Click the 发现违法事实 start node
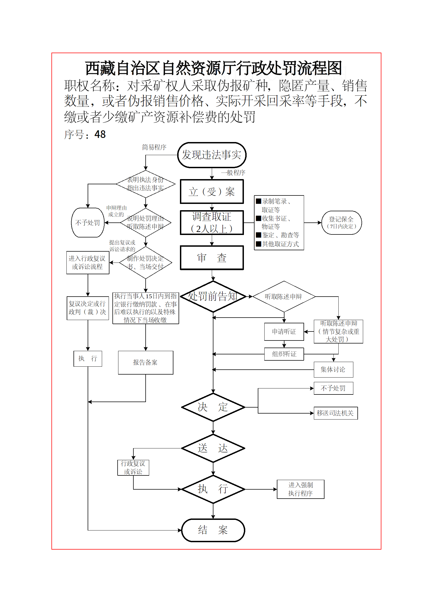tap(212, 155)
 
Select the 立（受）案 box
tap(212, 192)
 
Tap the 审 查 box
tap(212, 258)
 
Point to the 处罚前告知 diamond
tap(213, 297)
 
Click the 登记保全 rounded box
tap(341, 223)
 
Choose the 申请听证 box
tap(284, 331)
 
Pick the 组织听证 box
tap(284, 354)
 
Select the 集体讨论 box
tap(333, 370)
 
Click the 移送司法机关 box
tap(335, 413)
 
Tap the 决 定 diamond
tap(213, 407)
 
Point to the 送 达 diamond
tap(213, 448)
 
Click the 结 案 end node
tap(213, 530)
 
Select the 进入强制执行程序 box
tap(300, 489)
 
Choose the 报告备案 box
tap(145, 363)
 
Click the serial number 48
tap(100, 134)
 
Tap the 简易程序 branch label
tap(154, 147)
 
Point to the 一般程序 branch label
tap(233, 173)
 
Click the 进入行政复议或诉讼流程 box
tap(88, 263)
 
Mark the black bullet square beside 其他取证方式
tap(259, 244)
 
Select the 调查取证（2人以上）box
tap(212, 222)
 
